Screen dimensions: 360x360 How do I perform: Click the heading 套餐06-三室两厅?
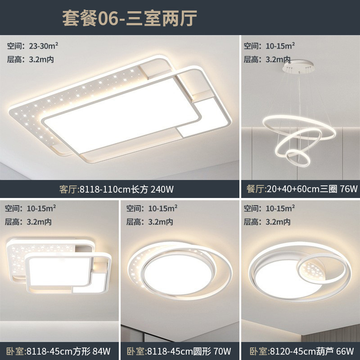tap(130, 19)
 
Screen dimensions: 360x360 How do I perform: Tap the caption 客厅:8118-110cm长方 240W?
tap(117, 189)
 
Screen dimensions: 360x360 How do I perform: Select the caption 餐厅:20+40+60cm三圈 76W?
tap(301, 189)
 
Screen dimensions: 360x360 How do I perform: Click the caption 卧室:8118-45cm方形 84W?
tap(58, 351)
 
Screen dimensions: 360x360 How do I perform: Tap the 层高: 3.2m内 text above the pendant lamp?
tap(267, 59)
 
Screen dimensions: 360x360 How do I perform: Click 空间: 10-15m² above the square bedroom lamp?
tap(29, 208)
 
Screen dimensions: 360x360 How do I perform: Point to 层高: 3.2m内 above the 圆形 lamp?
tap(149, 221)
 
